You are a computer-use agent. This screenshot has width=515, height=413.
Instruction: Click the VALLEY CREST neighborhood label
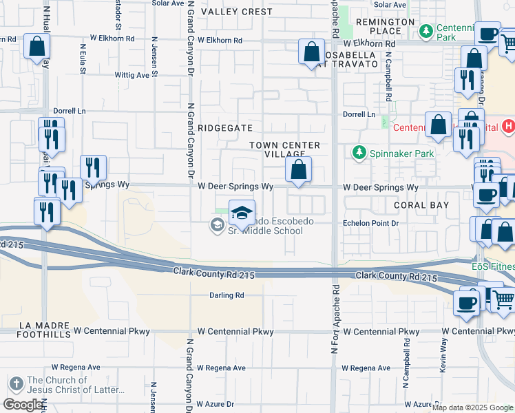point(236,12)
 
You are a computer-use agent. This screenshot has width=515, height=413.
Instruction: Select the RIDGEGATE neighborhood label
point(225,128)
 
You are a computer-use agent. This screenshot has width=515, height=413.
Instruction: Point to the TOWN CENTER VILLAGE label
point(284,149)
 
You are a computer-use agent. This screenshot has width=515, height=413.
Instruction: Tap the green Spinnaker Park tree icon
point(358,153)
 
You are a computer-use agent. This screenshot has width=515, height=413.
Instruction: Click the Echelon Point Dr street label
point(371,224)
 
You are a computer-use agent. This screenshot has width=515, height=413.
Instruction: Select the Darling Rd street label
point(227,295)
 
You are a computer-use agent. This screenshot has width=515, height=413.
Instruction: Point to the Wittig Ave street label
point(132,75)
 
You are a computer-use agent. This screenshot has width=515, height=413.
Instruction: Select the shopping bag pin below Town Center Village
point(299,170)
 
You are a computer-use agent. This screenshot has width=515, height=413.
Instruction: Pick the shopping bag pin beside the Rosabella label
point(312,52)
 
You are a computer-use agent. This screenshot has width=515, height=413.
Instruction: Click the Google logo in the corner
point(23,405)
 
